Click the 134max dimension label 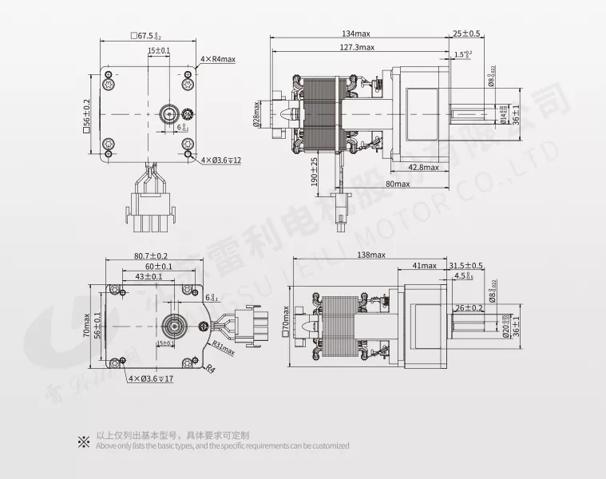pos(357,34)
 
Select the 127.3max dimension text pos(357,47)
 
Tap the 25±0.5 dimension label pos(466,34)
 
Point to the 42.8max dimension pos(422,168)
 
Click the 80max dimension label pos(397,184)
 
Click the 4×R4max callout pos(218,59)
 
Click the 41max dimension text pos(424,265)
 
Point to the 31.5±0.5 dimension pos(465,265)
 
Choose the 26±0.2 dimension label pos(469,307)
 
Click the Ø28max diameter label pos(256,113)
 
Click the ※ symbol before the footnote pos(83,440)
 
